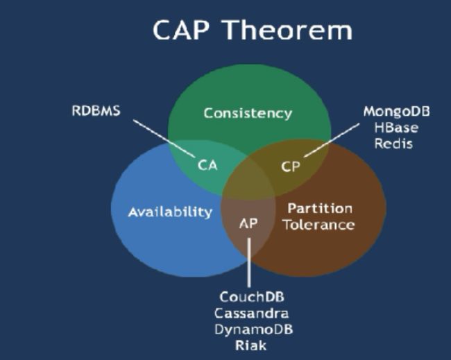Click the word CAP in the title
pyautogui.click(x=180, y=30)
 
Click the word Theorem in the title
pyautogui.click(x=288, y=30)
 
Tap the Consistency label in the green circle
pyautogui.click(x=248, y=113)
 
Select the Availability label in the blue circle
pyautogui.click(x=170, y=212)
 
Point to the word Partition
pyautogui.click(x=320, y=209)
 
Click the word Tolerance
pyautogui.click(x=319, y=225)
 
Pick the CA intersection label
pyautogui.click(x=207, y=165)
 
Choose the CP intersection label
pyautogui.click(x=291, y=166)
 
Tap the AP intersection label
pyautogui.click(x=248, y=223)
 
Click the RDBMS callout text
pyautogui.click(x=96, y=111)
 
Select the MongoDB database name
pyautogui.click(x=397, y=112)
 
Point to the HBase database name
pyautogui.click(x=396, y=128)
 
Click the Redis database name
pyautogui.click(x=393, y=144)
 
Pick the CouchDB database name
pyautogui.click(x=252, y=297)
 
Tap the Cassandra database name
pyautogui.click(x=251, y=313)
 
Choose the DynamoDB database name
pyautogui.click(x=254, y=329)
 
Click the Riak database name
pyautogui.click(x=250, y=345)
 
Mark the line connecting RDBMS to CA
pyautogui.click(x=164, y=139)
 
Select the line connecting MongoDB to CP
pyautogui.click(x=332, y=140)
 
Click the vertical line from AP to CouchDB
pyautogui.click(x=249, y=262)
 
